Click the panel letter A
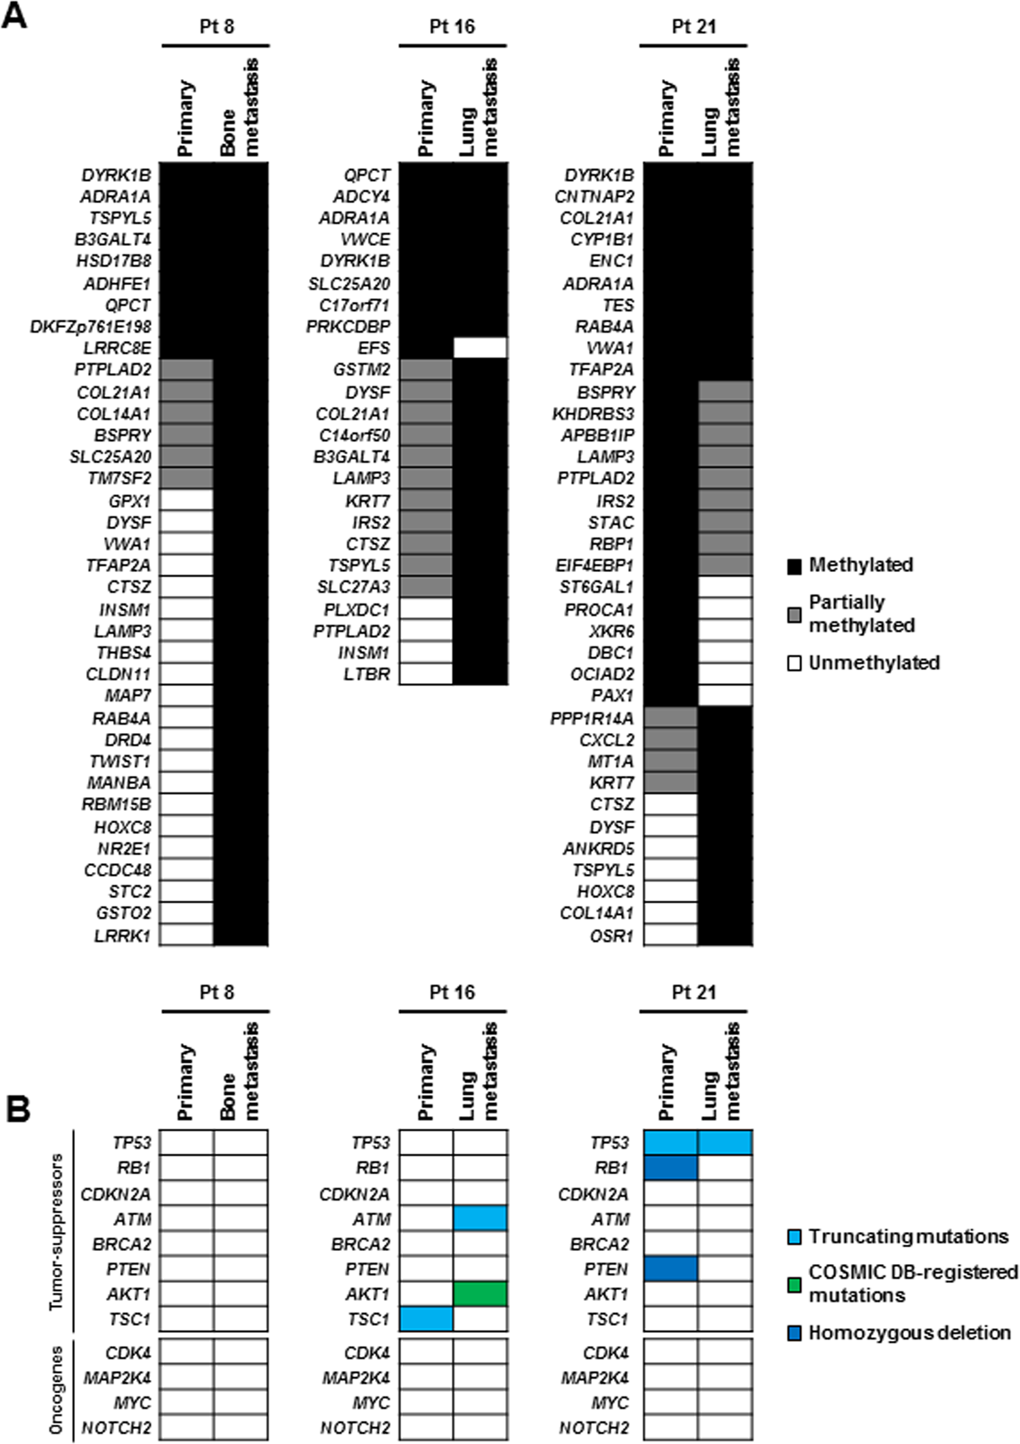click(x=14, y=16)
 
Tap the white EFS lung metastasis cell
click(x=480, y=348)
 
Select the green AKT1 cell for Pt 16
click(x=480, y=1293)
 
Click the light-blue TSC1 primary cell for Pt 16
click(x=426, y=1319)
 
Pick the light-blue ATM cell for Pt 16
click(x=480, y=1218)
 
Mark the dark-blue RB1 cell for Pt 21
click(x=671, y=1167)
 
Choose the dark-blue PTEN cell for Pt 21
click(x=671, y=1268)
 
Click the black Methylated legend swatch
click(x=794, y=566)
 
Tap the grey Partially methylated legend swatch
click(x=794, y=615)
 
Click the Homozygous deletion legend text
click(x=910, y=1333)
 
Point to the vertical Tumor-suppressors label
click(x=56, y=1231)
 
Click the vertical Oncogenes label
click(x=56, y=1389)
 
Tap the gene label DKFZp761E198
click(x=91, y=327)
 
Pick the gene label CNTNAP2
click(x=594, y=196)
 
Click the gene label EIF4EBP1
click(x=594, y=565)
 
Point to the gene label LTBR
click(x=366, y=674)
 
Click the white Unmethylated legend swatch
click(x=794, y=663)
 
